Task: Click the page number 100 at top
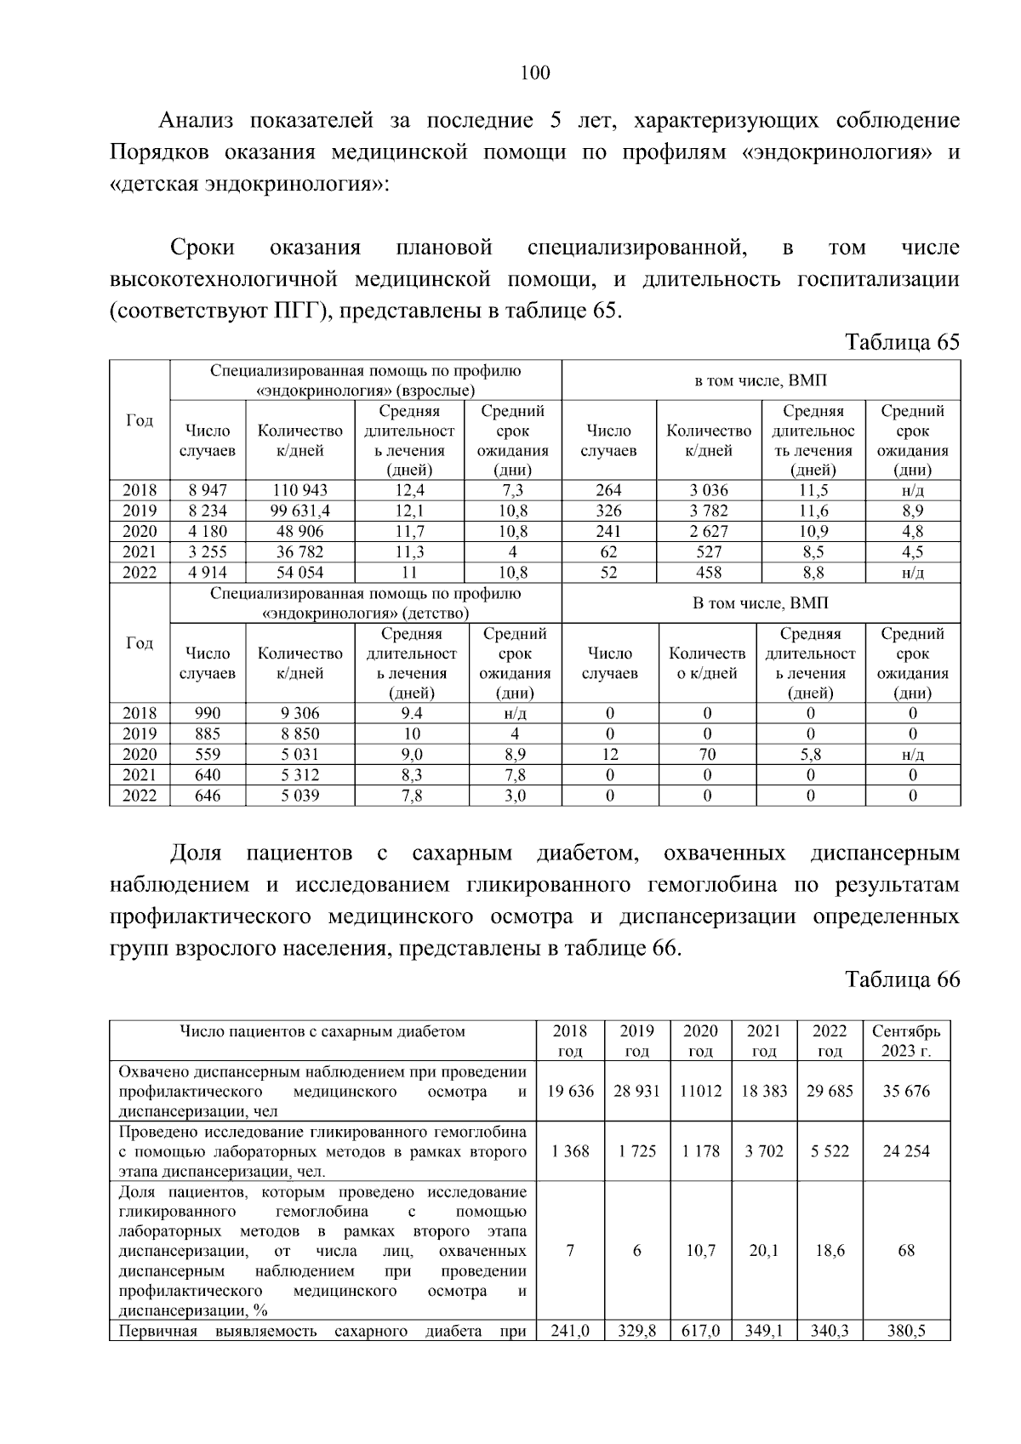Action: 534,73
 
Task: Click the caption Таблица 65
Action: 901,342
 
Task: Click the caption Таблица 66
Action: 901,979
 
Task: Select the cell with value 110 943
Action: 299,490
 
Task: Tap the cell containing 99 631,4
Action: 299,511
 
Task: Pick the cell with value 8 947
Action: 208,490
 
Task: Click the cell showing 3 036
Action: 708,490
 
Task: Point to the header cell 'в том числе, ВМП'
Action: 761,380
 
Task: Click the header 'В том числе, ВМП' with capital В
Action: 761,603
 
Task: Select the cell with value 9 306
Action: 299,713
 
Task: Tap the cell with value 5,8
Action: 810,754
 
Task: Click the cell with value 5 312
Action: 299,774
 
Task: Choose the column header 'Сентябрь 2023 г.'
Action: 906,1041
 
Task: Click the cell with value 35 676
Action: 906,1091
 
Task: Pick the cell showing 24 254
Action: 906,1151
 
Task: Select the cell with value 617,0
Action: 700,1331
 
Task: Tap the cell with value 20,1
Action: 763,1251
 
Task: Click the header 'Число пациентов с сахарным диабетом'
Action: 322,1032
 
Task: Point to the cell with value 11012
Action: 700,1091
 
